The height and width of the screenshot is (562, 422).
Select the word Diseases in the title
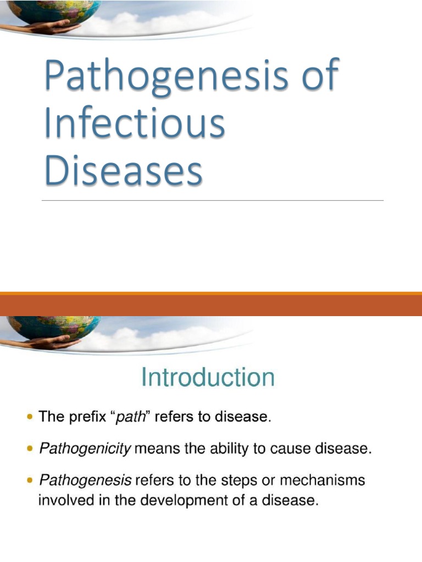click(x=124, y=170)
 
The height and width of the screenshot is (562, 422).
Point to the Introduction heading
click(x=208, y=378)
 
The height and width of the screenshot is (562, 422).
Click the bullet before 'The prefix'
click(x=30, y=418)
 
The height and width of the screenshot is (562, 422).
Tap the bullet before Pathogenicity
click(x=30, y=449)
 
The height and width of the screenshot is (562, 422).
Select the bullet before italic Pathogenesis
click(x=30, y=481)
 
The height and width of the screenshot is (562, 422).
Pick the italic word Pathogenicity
click(x=85, y=449)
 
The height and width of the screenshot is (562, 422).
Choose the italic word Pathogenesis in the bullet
click(x=85, y=481)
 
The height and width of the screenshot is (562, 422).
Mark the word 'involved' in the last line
click(x=60, y=501)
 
